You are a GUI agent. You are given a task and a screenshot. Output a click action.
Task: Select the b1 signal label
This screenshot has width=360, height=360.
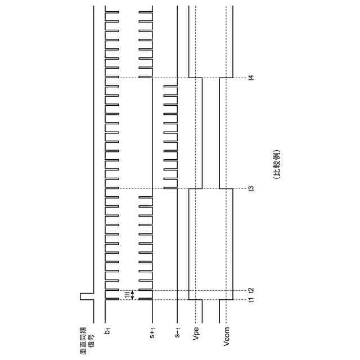(107, 330)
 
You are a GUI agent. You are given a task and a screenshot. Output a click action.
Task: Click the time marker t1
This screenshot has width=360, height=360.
(251, 299)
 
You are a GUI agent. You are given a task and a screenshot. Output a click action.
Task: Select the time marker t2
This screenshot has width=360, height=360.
(251, 290)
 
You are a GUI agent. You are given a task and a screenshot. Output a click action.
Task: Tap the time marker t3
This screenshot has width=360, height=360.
(251, 188)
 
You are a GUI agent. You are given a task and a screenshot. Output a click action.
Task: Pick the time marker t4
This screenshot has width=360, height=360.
(251, 78)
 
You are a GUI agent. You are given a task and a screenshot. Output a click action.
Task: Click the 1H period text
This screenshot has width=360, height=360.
(127, 295)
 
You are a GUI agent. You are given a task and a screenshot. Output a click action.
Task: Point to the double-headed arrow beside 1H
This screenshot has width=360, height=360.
(133, 295)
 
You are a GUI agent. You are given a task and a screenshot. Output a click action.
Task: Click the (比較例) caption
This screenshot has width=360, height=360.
(277, 164)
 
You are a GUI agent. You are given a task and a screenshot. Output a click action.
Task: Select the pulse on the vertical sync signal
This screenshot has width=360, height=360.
(83, 296)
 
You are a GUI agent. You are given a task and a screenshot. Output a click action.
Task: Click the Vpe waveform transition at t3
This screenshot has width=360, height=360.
(195, 188)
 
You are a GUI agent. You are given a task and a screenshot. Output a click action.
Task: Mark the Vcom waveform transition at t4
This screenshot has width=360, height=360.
(226, 78)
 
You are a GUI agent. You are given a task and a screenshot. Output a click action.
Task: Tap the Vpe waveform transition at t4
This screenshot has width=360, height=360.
(195, 78)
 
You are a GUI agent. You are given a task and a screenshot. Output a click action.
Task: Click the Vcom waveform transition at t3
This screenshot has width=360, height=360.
(226, 188)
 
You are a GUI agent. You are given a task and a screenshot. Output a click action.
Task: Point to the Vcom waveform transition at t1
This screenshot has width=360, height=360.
(226, 299)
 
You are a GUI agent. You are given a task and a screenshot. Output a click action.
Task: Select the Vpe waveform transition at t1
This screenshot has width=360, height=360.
(195, 299)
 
